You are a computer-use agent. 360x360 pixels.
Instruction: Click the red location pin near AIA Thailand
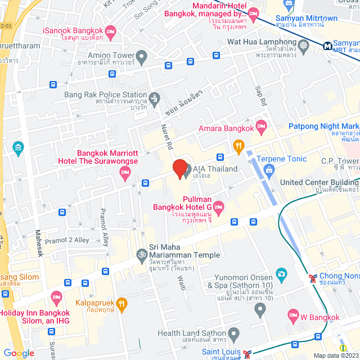(179, 168)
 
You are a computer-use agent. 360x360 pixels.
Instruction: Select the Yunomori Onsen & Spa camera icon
(281, 274)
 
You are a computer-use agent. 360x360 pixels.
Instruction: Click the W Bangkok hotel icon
(292, 315)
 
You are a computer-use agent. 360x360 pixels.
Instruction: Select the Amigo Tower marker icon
(142, 56)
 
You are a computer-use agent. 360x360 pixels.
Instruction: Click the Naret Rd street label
(169, 138)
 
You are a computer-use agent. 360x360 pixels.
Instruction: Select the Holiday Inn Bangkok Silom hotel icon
(56, 296)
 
